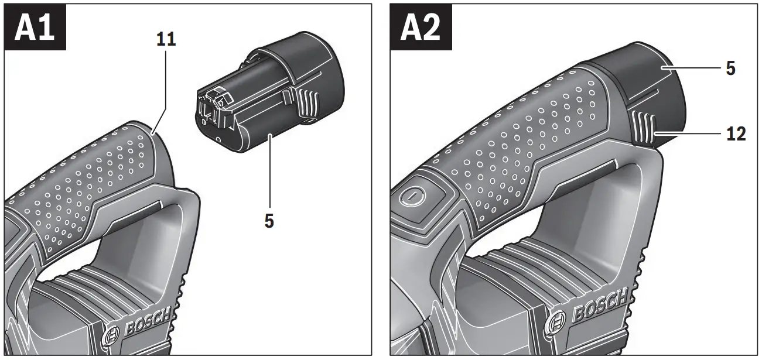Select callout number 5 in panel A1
[269, 222]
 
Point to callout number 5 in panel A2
[730, 68]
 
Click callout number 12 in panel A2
[735, 134]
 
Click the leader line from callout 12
[691, 135]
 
